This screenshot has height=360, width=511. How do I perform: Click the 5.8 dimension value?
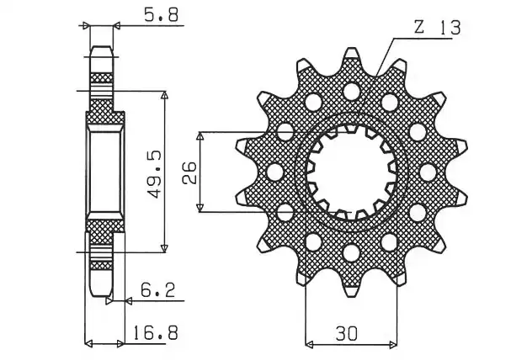[162, 14]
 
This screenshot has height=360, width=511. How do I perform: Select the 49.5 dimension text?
[154, 174]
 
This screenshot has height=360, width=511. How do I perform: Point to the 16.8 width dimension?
[156, 333]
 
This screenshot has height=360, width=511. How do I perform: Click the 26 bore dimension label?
[189, 172]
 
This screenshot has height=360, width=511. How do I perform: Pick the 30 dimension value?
[347, 333]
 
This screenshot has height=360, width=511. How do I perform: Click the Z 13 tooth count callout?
[438, 28]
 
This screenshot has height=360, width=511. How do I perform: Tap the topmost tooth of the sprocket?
[351, 54]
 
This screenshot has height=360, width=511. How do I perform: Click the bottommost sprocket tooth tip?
[351, 291]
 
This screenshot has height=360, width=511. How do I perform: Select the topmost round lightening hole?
[352, 91]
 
